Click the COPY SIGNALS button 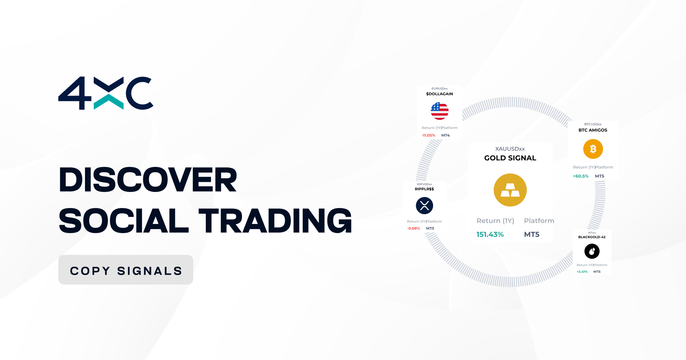(126, 270)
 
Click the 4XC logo (106, 93)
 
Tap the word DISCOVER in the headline (148, 180)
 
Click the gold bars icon (510, 190)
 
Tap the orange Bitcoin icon (593, 149)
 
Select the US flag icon (439, 111)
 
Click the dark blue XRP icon (425, 206)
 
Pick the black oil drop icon (592, 251)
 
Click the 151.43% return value (490, 234)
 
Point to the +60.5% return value (581, 176)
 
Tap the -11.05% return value (428, 135)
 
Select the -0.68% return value (414, 229)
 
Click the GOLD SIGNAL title (510, 158)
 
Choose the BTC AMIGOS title (593, 130)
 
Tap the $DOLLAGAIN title (439, 94)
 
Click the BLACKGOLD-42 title (592, 237)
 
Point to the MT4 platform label (446, 135)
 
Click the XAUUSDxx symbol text (510, 149)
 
